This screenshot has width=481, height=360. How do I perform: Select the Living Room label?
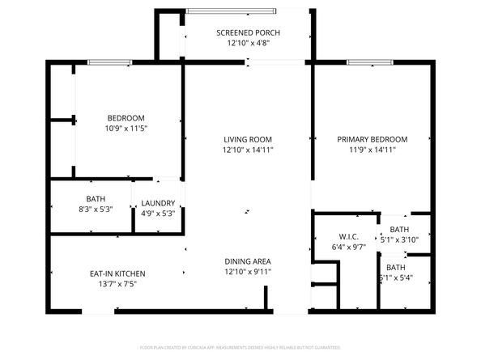[x=248, y=139]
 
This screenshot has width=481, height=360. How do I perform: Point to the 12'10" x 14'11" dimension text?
[x=248, y=150]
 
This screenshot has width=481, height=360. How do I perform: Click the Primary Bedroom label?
[x=372, y=139]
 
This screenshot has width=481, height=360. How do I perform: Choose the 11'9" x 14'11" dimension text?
[x=372, y=150]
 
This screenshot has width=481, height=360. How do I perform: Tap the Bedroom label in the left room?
[x=126, y=117]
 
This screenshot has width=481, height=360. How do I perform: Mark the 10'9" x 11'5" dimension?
[x=126, y=129]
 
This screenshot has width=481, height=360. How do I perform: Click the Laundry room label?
[x=158, y=203]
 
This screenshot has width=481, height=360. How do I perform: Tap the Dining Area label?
[x=248, y=261]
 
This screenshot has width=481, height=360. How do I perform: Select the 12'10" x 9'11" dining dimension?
[x=248, y=273]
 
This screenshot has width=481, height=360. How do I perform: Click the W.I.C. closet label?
[x=338, y=236]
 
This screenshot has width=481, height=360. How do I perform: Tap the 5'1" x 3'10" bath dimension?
[x=399, y=239]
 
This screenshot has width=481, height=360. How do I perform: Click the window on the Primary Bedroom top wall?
[x=370, y=62]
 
